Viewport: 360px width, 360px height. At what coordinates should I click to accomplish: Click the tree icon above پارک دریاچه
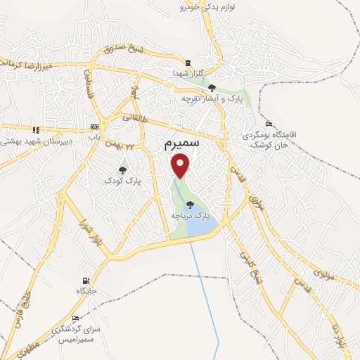point(190,205)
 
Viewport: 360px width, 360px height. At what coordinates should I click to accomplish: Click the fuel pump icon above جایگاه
point(86,280)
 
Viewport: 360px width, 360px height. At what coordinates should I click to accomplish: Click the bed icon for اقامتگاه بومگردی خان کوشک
point(268,123)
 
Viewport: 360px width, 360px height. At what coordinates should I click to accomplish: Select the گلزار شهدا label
point(186,72)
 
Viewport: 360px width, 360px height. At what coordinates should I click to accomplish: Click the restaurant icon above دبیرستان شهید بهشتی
point(36,129)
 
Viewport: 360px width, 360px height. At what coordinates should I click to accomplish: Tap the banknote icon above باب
point(94,127)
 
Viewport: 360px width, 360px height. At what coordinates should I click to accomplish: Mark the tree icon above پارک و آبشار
point(212,88)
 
